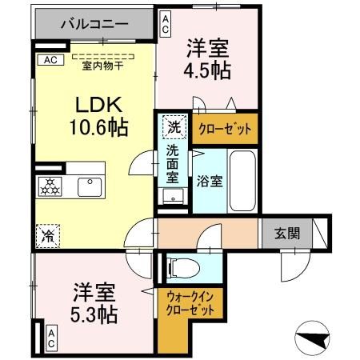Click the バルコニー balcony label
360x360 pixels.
pyautogui.click(x=95, y=25)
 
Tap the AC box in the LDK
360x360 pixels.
pyautogui.click(x=50, y=60)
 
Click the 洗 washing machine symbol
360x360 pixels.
pyautogui.click(x=173, y=126)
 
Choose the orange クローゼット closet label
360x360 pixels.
pyautogui.click(x=225, y=127)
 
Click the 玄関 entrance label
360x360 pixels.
pyautogui.click(x=288, y=234)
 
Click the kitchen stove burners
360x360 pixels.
pyautogui.click(x=50, y=186)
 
